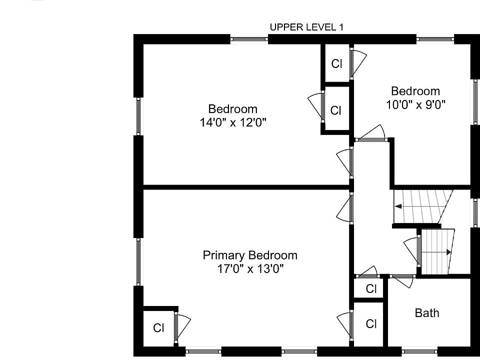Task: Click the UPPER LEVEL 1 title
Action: pyautogui.click(x=306, y=27)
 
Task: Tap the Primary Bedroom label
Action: pyautogui.click(x=250, y=255)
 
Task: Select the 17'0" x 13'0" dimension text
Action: pyautogui.click(x=250, y=269)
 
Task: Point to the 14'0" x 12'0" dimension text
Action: pyautogui.click(x=233, y=122)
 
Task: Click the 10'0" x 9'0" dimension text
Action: pyautogui.click(x=415, y=104)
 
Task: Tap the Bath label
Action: pyautogui.click(x=426, y=313)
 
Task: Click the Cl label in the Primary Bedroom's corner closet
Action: pyautogui.click(x=158, y=328)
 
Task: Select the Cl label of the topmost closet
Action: pyautogui.click(x=336, y=63)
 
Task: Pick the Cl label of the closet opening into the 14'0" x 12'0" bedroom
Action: pyautogui.click(x=335, y=110)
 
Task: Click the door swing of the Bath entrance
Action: pyautogui.click(x=403, y=281)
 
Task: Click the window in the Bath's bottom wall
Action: pyautogui.click(x=419, y=351)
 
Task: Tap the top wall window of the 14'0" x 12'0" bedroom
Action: pyautogui.click(x=249, y=39)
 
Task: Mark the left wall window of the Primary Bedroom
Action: pyautogui.click(x=138, y=261)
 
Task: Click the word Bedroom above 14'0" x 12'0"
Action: pyautogui.click(x=232, y=109)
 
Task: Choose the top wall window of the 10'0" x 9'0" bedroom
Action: pyautogui.click(x=435, y=39)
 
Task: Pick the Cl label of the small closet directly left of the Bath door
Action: pyautogui.click(x=370, y=288)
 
